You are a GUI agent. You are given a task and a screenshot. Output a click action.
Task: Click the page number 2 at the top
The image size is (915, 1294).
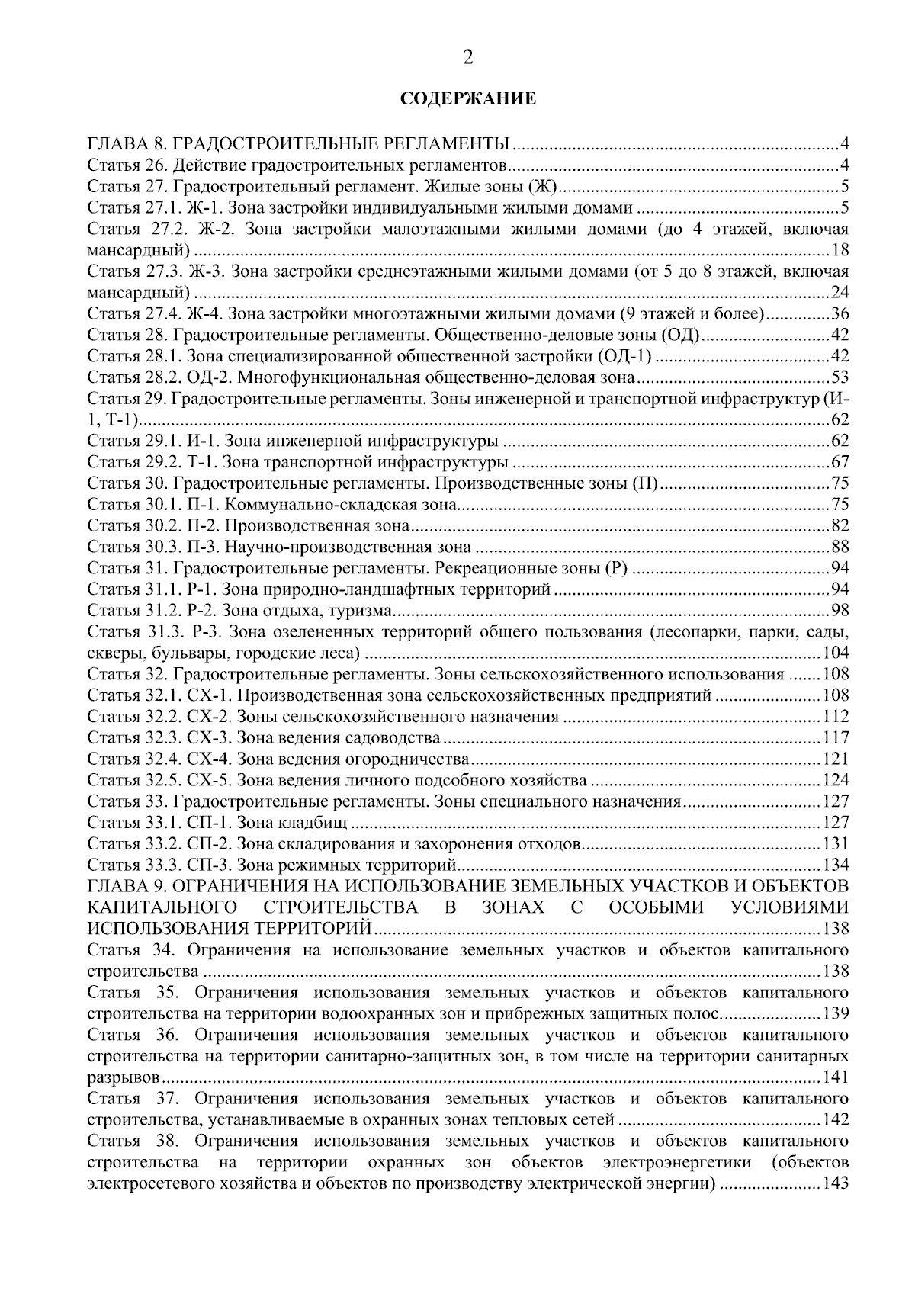467,58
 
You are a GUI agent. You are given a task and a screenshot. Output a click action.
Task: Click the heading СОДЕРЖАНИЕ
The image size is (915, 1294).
468,99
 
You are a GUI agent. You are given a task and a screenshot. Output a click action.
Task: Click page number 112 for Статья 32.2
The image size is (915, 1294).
836,717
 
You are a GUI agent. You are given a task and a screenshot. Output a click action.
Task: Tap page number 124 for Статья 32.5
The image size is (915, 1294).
836,781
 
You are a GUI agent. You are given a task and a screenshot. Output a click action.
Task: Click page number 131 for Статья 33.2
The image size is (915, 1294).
836,844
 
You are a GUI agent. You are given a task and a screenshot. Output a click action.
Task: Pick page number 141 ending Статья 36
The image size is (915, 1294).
836,1077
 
